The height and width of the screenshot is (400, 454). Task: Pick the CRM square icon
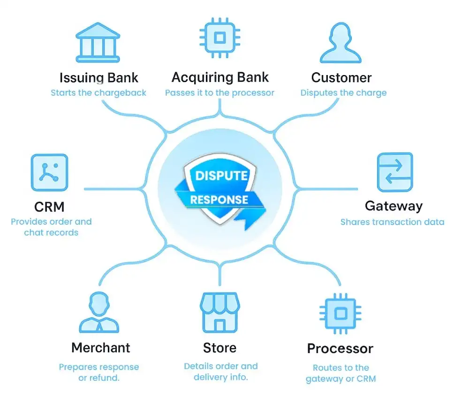tap(49, 173)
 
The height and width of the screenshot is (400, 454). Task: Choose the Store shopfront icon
tap(219, 313)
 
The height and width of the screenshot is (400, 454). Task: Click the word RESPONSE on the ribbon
tap(219, 199)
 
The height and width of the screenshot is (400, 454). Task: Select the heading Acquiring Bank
tap(220, 77)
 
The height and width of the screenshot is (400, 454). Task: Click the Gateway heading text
tap(393, 206)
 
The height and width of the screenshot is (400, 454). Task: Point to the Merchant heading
tap(100, 347)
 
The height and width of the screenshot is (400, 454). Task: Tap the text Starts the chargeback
tap(98, 92)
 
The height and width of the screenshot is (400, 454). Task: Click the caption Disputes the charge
tap(343, 92)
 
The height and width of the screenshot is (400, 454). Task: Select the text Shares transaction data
tap(392, 222)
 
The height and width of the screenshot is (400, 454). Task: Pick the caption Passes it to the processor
tap(219, 92)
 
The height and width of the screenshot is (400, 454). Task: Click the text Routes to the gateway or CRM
tap(340, 373)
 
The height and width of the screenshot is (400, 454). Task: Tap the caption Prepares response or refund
tap(99, 372)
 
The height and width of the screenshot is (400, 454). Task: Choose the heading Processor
tap(340, 348)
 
